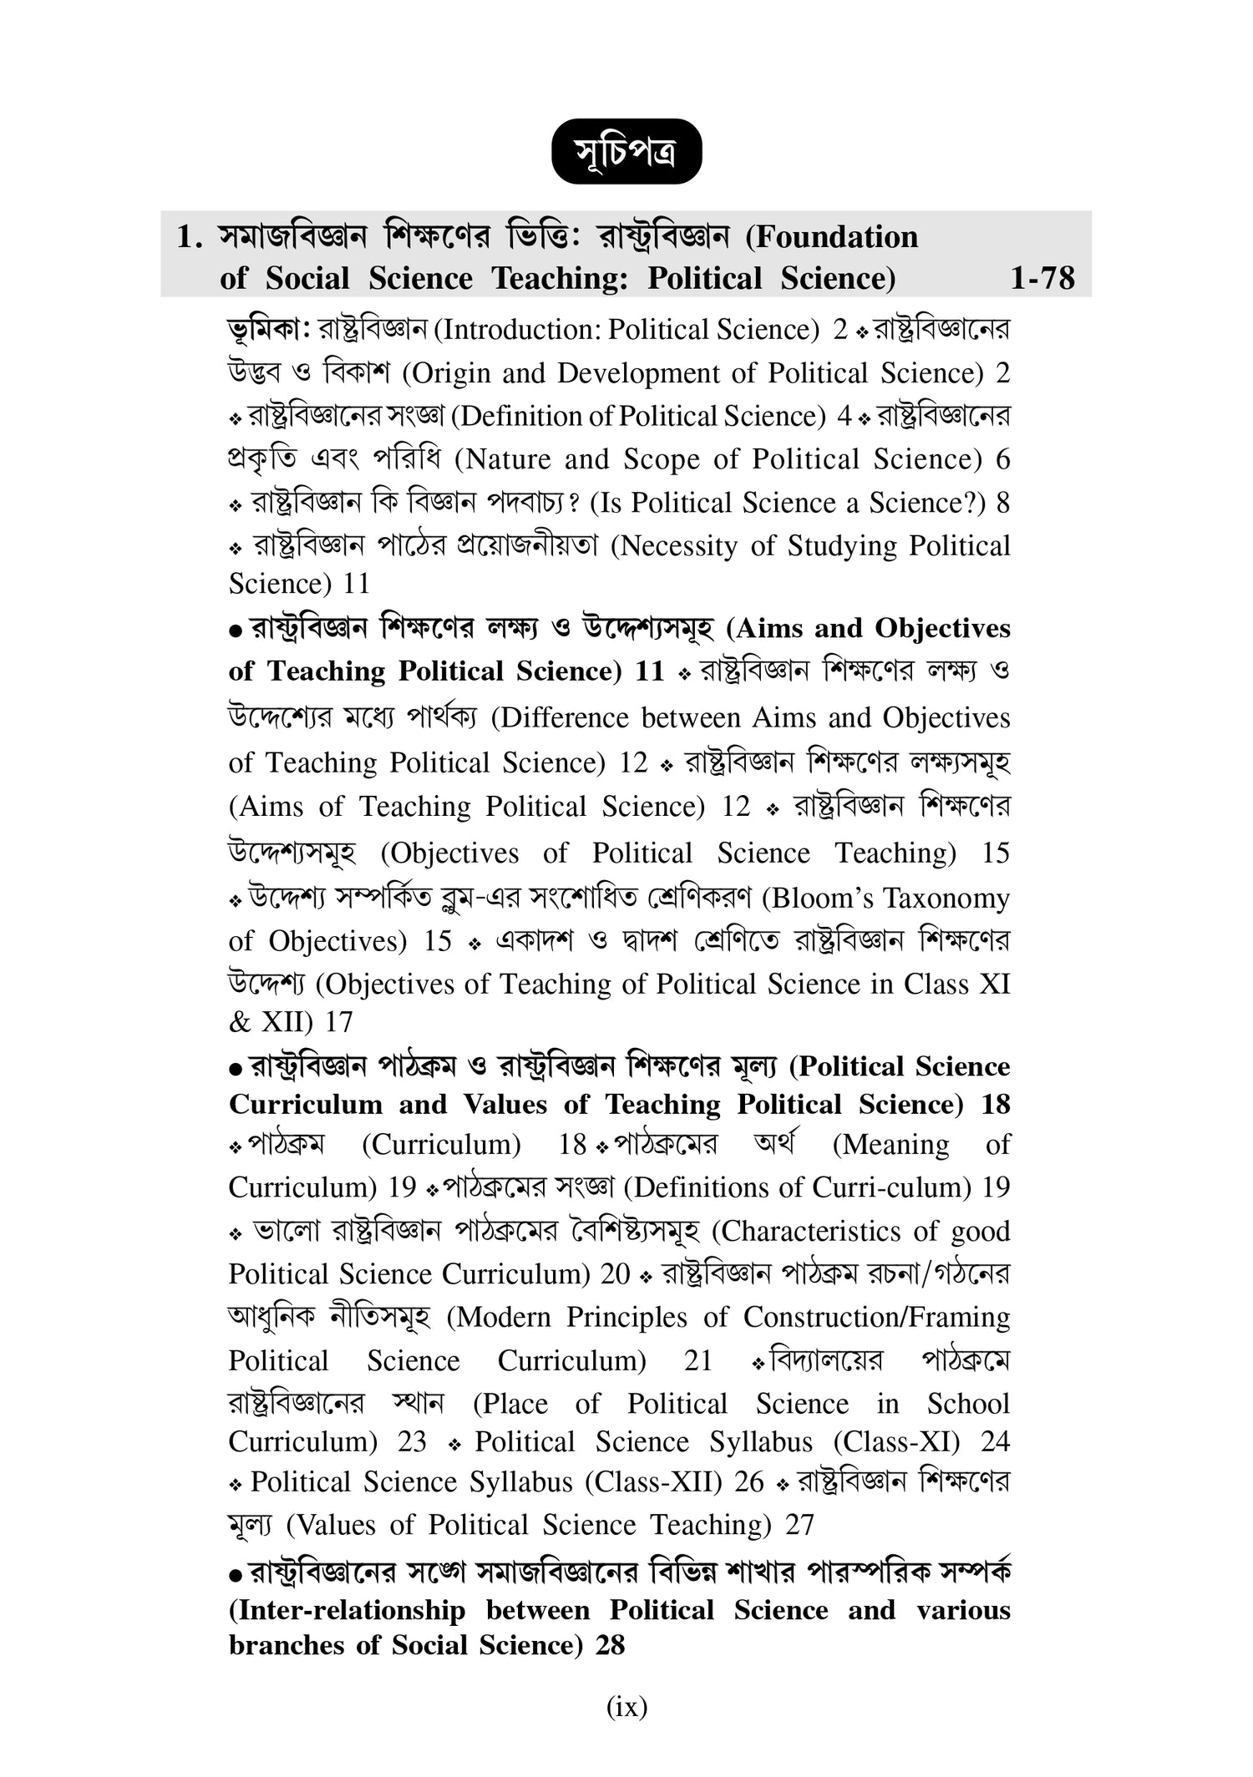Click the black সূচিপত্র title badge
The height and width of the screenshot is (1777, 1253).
pyautogui.click(x=626, y=154)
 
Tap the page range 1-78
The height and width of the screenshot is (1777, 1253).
pyautogui.click(x=1042, y=278)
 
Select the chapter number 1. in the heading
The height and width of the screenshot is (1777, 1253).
pyautogui.click(x=190, y=237)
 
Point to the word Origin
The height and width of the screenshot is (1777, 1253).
pyautogui.click(x=447, y=373)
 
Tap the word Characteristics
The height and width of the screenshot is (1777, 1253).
pyautogui.click(x=799, y=1232)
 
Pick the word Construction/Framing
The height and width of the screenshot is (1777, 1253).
pyautogui.click(x=876, y=1318)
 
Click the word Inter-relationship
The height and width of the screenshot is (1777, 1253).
pyautogui.click(x=347, y=1610)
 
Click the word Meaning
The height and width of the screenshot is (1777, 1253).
pyautogui.click(x=890, y=1145)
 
